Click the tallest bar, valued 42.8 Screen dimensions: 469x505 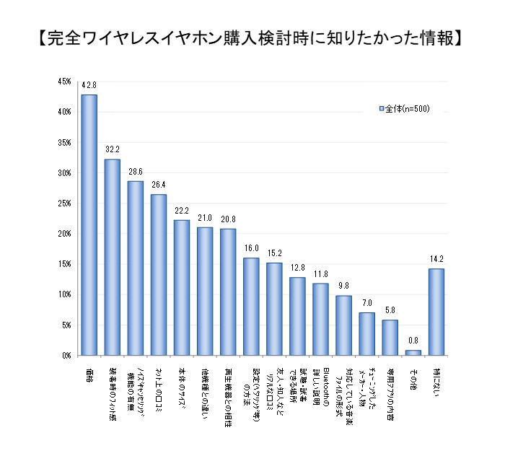(89, 225)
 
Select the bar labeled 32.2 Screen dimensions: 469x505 (112, 257)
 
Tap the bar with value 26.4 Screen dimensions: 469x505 (158, 275)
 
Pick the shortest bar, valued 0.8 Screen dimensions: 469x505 (413, 353)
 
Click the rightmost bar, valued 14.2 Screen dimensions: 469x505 (436, 312)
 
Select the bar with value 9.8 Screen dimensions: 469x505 (343, 325)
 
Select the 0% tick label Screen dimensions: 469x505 (66, 356)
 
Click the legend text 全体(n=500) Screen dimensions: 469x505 (407, 109)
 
